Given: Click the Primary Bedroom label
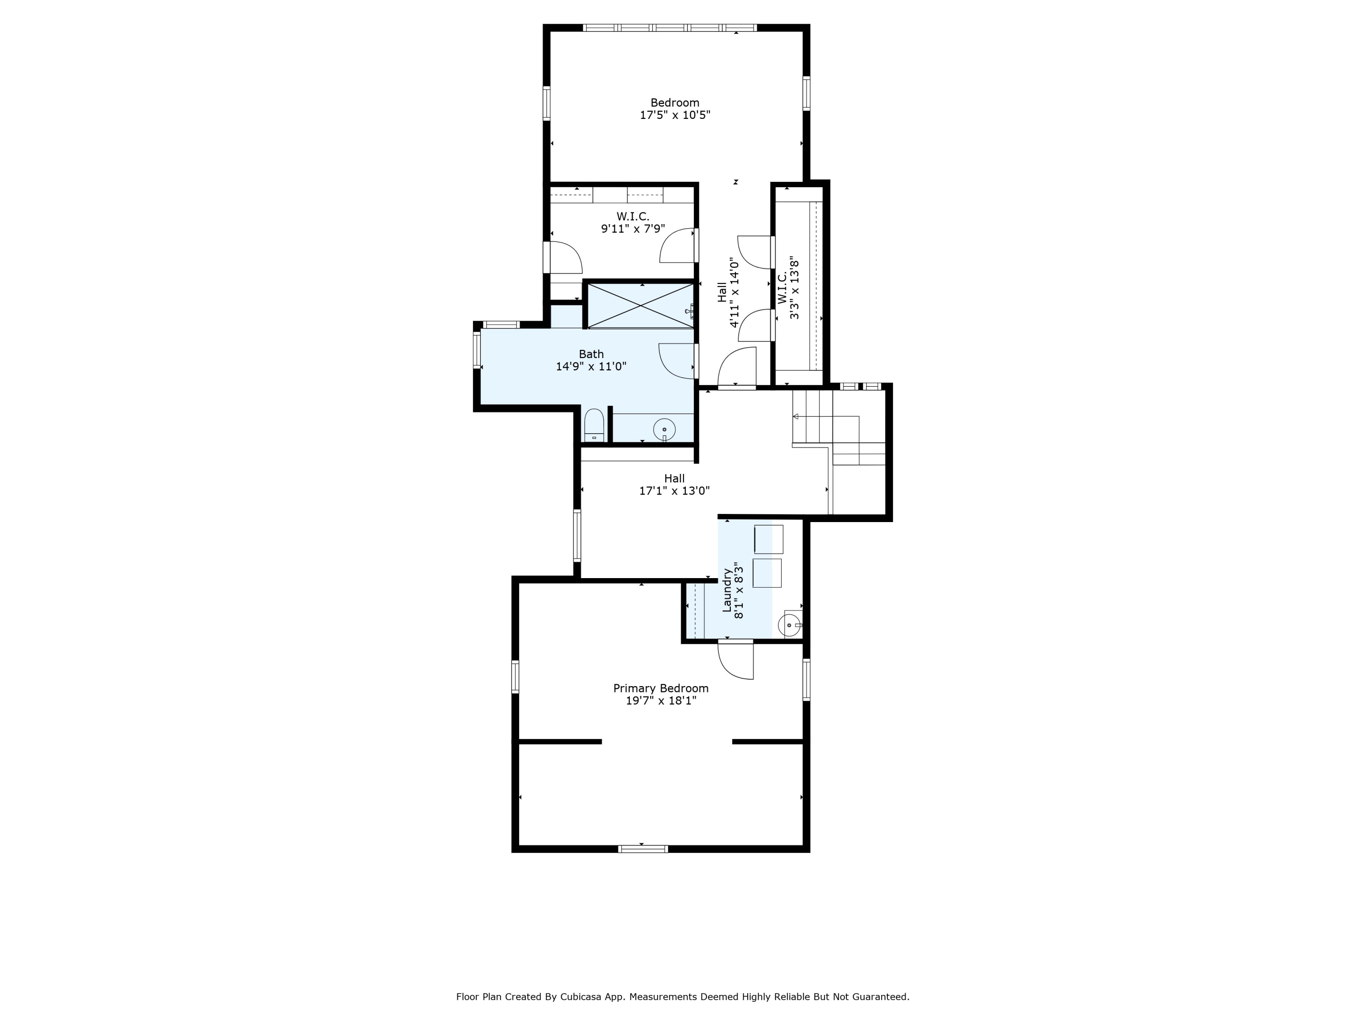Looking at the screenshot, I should pos(660,688).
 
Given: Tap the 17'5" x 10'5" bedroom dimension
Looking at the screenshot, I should pos(674,115).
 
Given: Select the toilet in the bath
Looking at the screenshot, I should pos(593,425).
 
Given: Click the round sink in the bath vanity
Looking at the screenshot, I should pos(664,429).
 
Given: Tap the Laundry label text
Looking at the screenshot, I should pos(727,590).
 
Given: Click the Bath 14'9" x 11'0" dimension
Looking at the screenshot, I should pos(591,366).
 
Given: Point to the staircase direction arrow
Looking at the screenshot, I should pos(796,417).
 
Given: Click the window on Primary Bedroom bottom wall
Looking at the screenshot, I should pos(643,849).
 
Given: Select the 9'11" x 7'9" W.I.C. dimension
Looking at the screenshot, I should pos(633,229).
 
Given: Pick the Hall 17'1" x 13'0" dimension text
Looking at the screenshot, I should pos(674,491).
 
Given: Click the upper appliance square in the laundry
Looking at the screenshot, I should pos(769,539).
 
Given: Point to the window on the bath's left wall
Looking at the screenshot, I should pos(477,350).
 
